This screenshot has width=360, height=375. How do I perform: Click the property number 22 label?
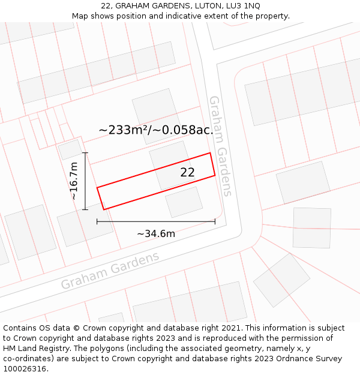point(188,172)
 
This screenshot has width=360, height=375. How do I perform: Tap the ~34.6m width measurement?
point(156,233)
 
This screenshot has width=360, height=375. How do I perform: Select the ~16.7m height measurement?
point(74,181)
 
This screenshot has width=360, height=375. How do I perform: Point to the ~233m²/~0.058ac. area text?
point(156,130)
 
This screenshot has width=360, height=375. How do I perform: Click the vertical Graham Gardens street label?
point(220,146)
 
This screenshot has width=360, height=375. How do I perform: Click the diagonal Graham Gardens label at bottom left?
point(110,270)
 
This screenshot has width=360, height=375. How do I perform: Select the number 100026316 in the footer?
point(26,369)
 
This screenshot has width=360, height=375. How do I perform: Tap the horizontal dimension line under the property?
point(156,222)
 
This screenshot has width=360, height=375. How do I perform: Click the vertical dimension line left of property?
point(85,181)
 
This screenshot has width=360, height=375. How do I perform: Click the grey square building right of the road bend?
point(311,227)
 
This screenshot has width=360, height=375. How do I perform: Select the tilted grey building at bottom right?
point(281,280)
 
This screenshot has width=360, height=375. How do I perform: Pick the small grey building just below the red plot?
point(184,202)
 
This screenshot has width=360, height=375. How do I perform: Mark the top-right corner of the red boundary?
point(210,153)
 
